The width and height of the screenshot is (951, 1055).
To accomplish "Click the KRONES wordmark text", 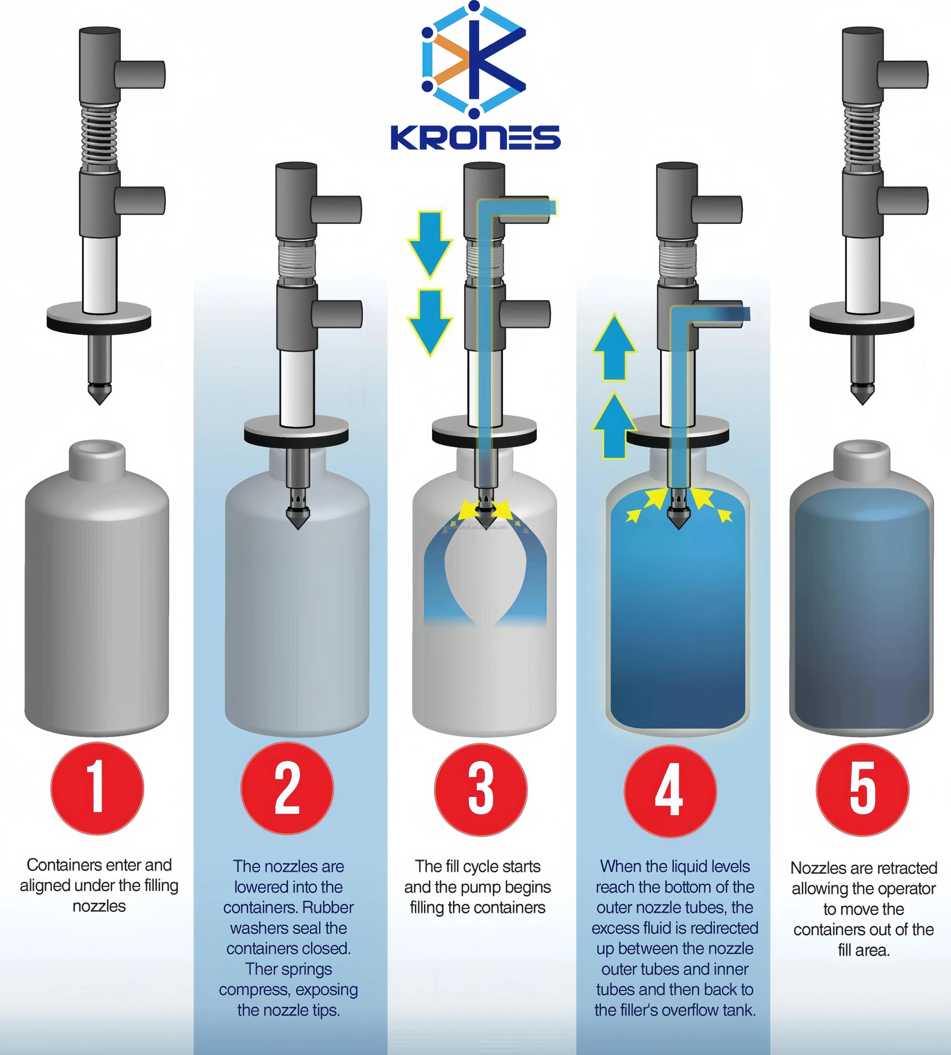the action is pyautogui.click(x=475, y=137).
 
